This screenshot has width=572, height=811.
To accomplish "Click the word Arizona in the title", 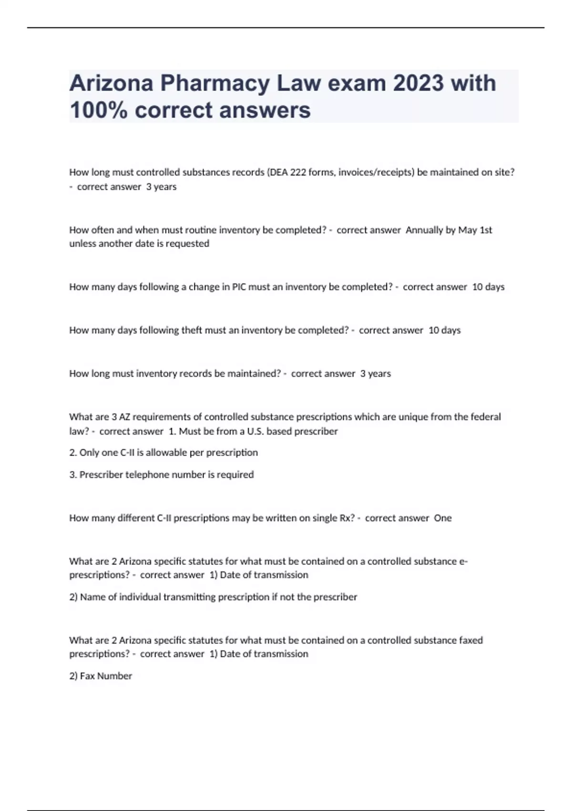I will coord(112,83).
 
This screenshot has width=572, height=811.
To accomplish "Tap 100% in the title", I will coord(99,110).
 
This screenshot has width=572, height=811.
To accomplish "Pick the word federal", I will coord(486,417).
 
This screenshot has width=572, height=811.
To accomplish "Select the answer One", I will coord(442,518).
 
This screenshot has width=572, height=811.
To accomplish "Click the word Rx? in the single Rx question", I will coord(347,518).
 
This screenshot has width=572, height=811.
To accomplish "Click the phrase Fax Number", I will coord(106,676).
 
